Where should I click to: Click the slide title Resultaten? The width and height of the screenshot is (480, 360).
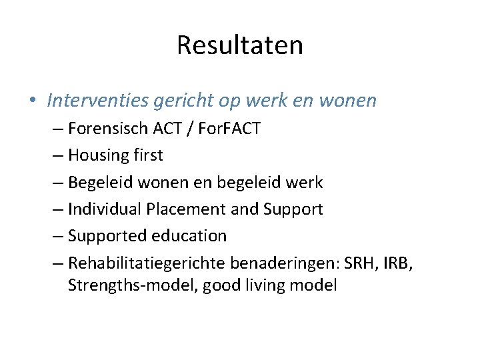click(240, 45)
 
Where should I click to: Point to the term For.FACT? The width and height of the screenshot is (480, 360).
click(228, 129)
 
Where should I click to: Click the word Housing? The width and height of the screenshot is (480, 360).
click(98, 155)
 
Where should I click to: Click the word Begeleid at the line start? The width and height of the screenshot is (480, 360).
click(100, 182)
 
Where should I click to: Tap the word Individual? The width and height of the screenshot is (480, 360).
click(102, 209)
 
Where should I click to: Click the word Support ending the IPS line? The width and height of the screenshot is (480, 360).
click(294, 209)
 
